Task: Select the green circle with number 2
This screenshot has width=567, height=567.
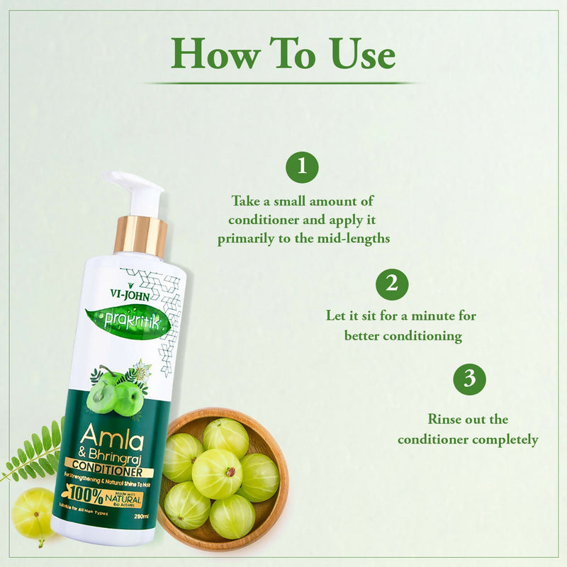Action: (x=392, y=284)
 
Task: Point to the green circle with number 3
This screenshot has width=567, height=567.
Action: (x=469, y=379)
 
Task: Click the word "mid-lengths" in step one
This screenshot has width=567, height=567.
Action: (x=354, y=239)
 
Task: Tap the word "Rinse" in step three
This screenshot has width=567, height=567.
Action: (x=445, y=420)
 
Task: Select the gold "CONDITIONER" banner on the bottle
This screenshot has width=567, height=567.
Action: (x=106, y=471)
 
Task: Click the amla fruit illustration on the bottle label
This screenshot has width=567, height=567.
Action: (x=114, y=394)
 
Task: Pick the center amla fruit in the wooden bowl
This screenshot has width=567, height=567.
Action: (x=215, y=473)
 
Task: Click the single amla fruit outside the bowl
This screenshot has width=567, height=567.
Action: (x=32, y=512)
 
